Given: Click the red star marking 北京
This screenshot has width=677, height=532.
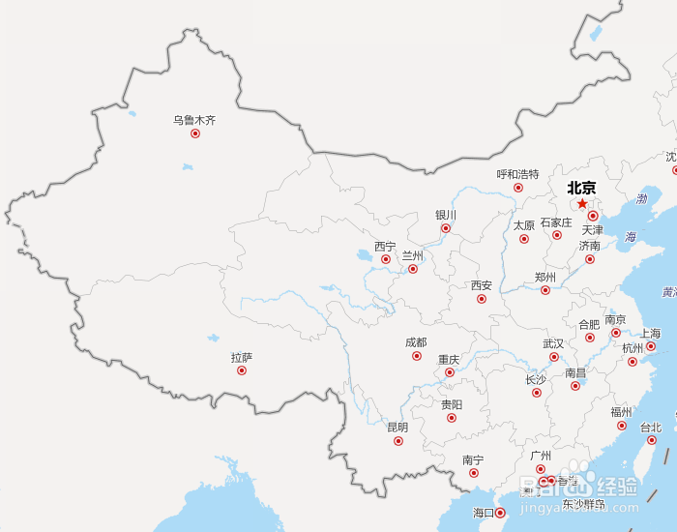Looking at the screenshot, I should pos(581,204).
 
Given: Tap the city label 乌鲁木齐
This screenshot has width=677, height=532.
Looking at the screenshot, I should pos(194,120).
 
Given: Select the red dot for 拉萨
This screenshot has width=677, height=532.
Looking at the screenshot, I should pos(242,370).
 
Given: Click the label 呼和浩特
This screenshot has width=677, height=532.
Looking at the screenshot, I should pos(517,174).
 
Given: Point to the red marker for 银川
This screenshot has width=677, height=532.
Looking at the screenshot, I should pos(446,228).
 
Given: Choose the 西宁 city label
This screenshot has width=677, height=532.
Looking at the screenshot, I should pos(385,246).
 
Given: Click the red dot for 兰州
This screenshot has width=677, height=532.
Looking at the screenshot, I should pos(413,268).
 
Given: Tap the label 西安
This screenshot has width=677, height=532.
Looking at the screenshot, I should pos(482,285).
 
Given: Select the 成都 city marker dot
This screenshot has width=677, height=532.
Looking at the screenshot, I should pos(417,356).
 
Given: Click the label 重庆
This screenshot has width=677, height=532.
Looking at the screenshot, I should pos(449,359).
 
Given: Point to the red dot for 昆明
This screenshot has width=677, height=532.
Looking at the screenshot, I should pos(398,441).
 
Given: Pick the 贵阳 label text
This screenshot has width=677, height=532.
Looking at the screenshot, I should pos(452,404).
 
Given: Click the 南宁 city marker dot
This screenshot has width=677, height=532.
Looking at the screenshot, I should pos(474,473).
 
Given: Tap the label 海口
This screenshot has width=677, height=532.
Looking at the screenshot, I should pos(484,513).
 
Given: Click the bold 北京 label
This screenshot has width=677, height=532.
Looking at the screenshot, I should pos(581,189).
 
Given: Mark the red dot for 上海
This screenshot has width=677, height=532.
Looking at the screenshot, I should pos(651,346).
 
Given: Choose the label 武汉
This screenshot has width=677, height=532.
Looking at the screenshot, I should pos(553,343).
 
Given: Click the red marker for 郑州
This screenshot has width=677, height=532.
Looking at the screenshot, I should pos(545,289).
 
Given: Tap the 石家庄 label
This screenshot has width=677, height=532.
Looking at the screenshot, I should pos(556,222).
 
